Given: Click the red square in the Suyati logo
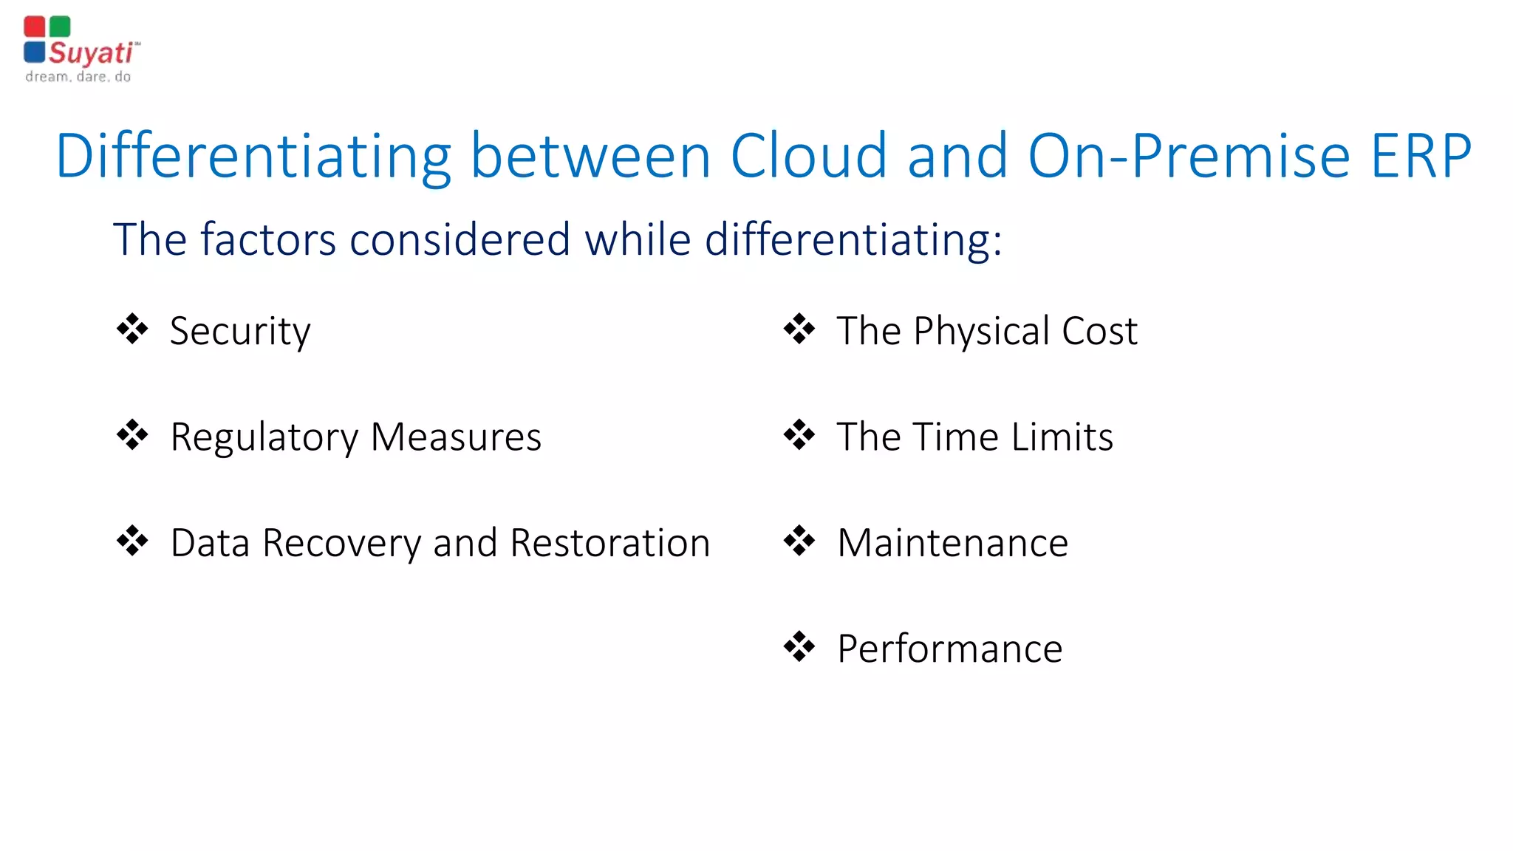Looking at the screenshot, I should [x=34, y=27].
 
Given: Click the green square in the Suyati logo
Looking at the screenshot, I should [x=60, y=27].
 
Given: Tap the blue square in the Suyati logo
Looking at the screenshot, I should [x=34, y=52].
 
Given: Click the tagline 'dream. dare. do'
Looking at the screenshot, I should [x=78, y=77].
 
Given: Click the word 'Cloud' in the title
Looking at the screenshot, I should [x=808, y=156].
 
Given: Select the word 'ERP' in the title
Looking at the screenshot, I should [x=1421, y=156].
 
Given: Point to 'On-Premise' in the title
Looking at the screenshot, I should [x=1189, y=156].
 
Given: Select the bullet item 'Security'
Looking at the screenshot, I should [x=240, y=331].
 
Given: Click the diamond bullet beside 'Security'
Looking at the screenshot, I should [x=132, y=329].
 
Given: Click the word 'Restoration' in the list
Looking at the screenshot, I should [x=610, y=543].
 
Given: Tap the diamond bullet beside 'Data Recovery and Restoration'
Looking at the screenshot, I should [x=132, y=541].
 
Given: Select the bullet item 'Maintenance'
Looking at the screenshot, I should [x=952, y=543].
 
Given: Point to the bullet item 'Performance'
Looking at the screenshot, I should [x=949, y=649].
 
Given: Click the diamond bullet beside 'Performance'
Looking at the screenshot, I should [x=799, y=647].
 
